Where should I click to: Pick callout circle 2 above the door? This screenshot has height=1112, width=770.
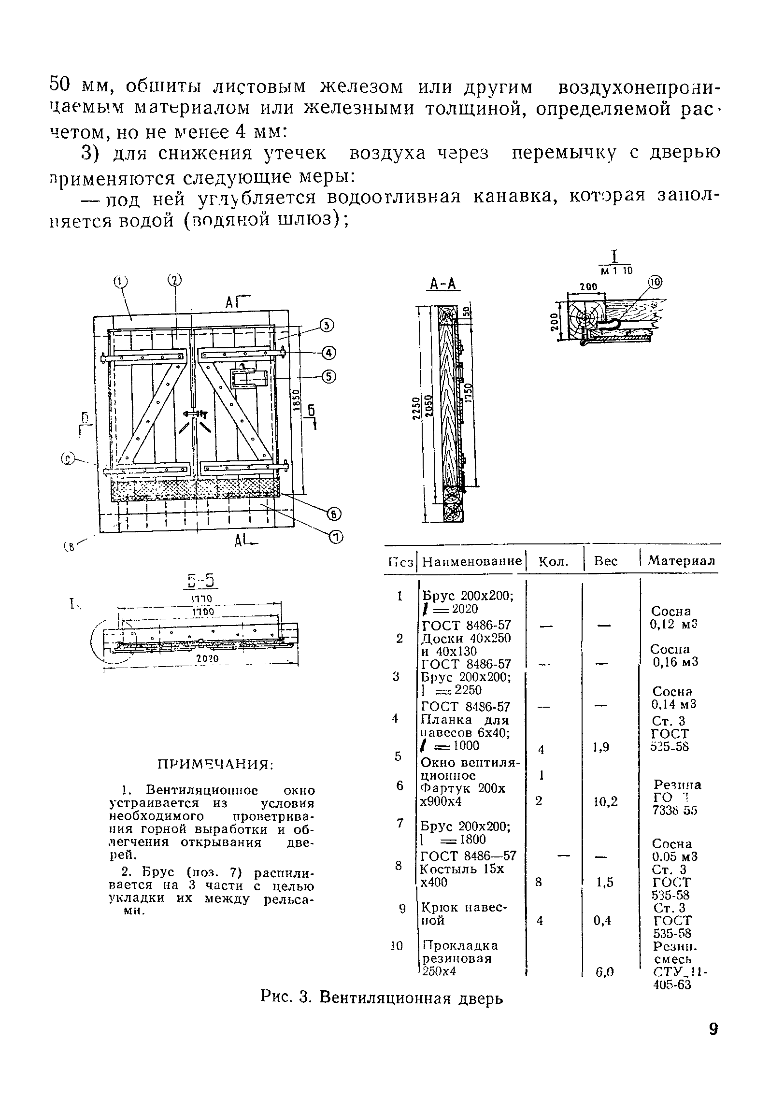click(x=174, y=280)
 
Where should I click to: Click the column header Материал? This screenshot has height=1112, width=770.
click(x=682, y=561)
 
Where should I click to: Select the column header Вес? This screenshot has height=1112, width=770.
click(x=606, y=561)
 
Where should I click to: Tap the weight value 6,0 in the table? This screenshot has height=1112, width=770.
click(x=605, y=971)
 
